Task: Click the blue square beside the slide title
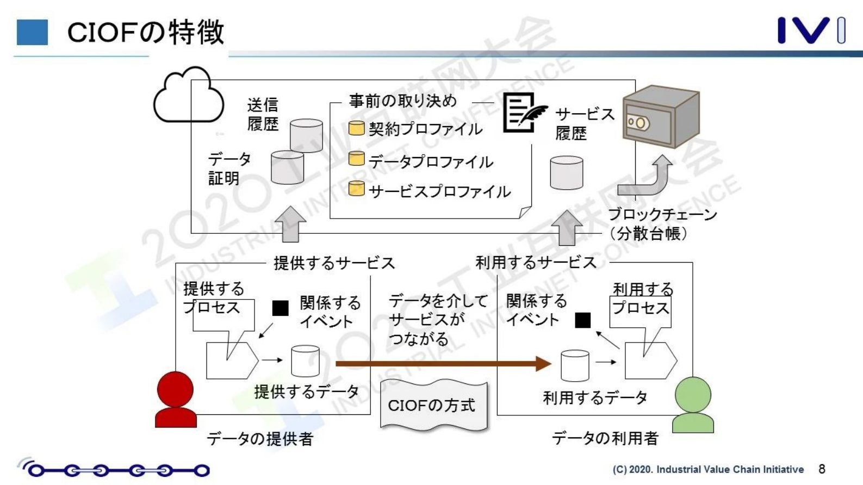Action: pyautogui.click(x=32, y=32)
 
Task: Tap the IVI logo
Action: pyautogui.click(x=810, y=30)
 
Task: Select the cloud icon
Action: pyautogui.click(x=188, y=96)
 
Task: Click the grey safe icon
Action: pyautogui.click(x=660, y=117)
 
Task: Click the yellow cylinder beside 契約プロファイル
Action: pyautogui.click(x=356, y=128)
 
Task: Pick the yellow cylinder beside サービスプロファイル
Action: pyautogui.click(x=356, y=189)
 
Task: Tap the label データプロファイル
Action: pyautogui.click(x=431, y=161)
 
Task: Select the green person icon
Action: pyautogui.click(x=693, y=405)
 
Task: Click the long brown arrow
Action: pyautogui.click(x=443, y=363)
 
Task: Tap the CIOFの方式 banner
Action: pyautogui.click(x=432, y=406)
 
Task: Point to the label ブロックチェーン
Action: pyautogui.click(x=662, y=214)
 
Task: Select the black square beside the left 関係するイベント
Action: pyautogui.click(x=280, y=308)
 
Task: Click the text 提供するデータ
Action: pyautogui.click(x=306, y=391)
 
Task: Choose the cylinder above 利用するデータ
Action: pyautogui.click(x=574, y=365)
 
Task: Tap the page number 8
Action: pyautogui.click(x=822, y=469)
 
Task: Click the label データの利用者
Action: pyautogui.click(x=605, y=438)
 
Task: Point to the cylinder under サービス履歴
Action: pyautogui.click(x=566, y=173)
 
